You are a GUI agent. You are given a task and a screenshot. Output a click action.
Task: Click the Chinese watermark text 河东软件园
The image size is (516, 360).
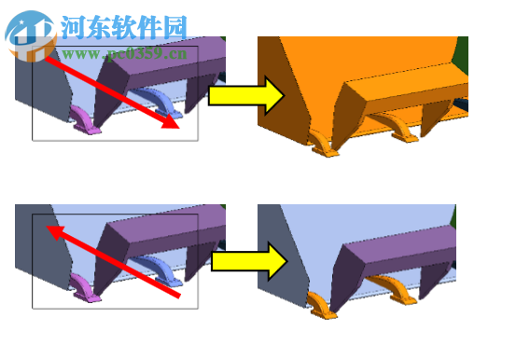[124, 28]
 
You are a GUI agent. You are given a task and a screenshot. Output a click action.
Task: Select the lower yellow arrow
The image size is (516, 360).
[247, 260]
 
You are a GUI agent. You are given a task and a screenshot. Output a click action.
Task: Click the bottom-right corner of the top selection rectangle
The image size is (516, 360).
[198, 140]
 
